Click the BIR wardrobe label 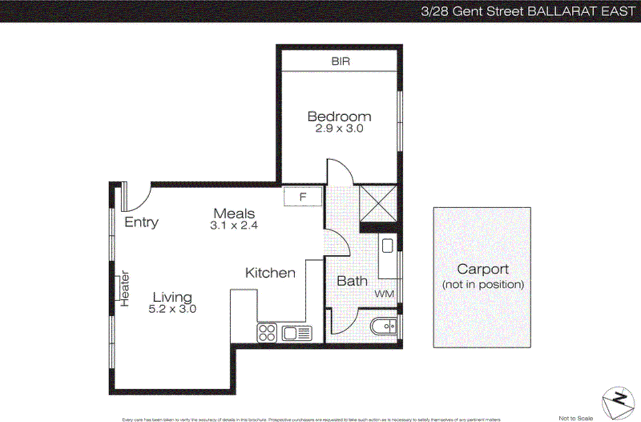pos(341,61)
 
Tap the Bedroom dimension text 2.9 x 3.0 pos(339,128)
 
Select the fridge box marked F pos(302,197)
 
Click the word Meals pos(234,213)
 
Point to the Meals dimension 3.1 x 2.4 pos(234,225)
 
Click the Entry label pos(141,222)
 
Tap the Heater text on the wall pos(125,288)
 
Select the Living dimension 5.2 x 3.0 pos(172,309)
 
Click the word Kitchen pos(270,273)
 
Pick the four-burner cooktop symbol pos(267,333)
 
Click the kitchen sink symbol pos(296,333)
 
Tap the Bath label pos(352,281)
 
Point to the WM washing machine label pos(384,294)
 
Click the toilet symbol pos(384,326)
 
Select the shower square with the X pos(378,203)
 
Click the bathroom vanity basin pos(387,245)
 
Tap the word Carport pos(483,269)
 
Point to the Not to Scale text pos(576,418)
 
